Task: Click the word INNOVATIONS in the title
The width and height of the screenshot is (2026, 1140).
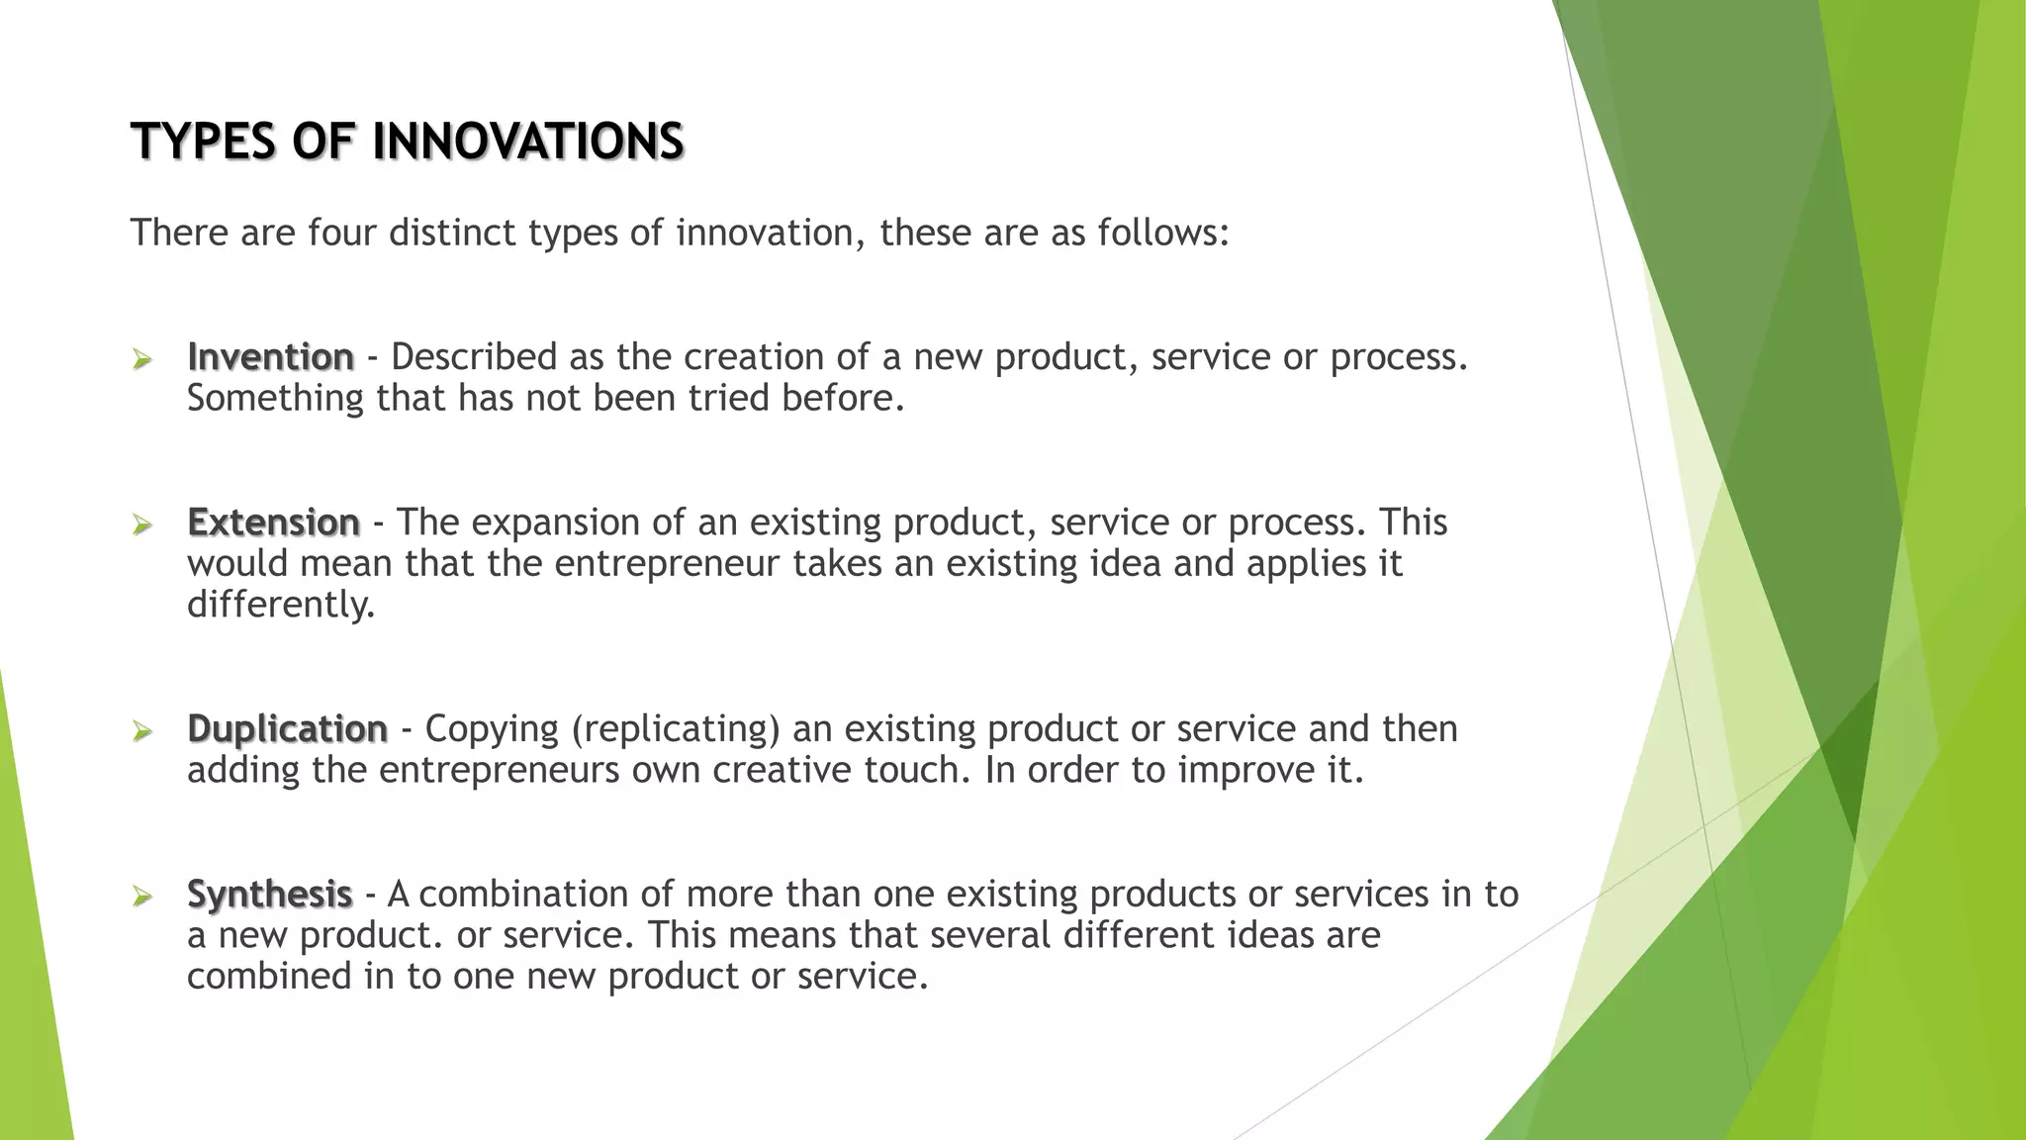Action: point(527,142)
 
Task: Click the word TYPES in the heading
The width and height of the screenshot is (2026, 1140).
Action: point(202,142)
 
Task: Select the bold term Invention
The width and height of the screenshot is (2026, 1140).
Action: point(270,357)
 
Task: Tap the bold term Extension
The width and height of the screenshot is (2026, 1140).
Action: point(273,522)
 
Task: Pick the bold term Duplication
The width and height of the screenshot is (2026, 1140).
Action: point(287,729)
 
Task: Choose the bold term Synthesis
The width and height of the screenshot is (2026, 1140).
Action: point(269,895)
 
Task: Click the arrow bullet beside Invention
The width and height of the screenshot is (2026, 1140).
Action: point(142,359)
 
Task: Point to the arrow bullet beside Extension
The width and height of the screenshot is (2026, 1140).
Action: point(142,524)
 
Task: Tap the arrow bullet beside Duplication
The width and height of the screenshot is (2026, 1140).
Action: point(142,731)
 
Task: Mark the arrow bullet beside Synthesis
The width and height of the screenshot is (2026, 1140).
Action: point(142,897)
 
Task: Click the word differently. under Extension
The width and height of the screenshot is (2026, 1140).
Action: point(281,605)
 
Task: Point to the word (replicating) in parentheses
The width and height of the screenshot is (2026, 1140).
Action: point(676,729)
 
